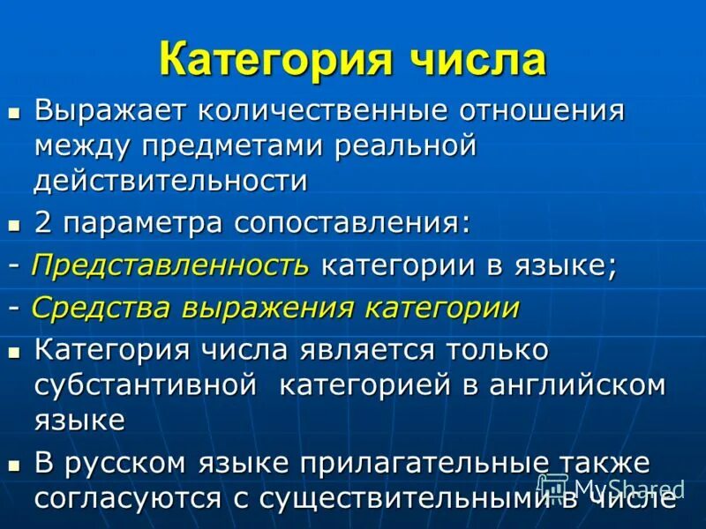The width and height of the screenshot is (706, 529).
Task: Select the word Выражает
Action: (x=109, y=112)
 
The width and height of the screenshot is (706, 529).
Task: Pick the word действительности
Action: (x=171, y=180)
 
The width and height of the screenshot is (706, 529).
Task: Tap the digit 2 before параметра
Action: (x=43, y=222)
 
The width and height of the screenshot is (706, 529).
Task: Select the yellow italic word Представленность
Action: (x=170, y=265)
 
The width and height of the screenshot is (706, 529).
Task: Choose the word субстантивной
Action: (x=146, y=385)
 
